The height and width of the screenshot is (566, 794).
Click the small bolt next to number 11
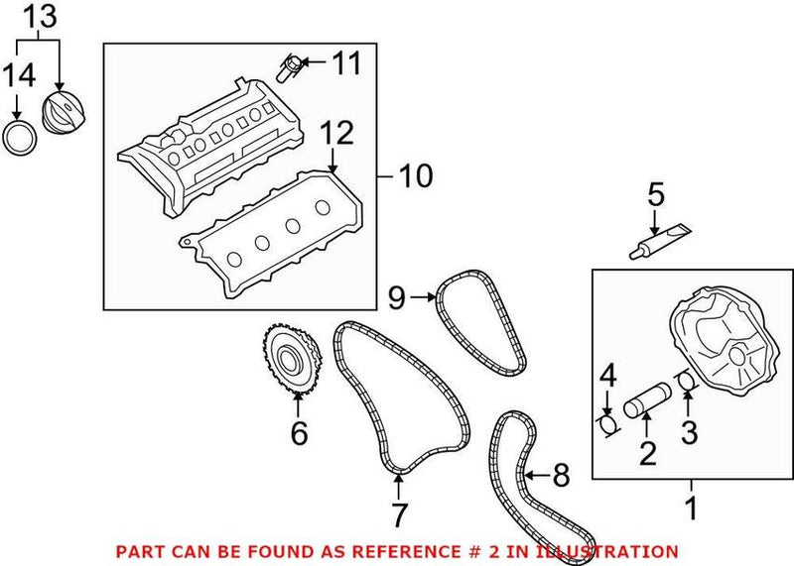[x=291, y=68]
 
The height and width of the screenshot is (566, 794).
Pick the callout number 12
[x=335, y=133]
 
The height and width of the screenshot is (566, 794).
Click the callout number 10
[x=416, y=177]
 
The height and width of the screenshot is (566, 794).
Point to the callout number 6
[x=299, y=433]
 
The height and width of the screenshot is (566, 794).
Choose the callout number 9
[x=397, y=294]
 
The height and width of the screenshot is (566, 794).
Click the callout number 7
[x=399, y=514]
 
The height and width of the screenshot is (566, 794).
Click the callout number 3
[x=688, y=433]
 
